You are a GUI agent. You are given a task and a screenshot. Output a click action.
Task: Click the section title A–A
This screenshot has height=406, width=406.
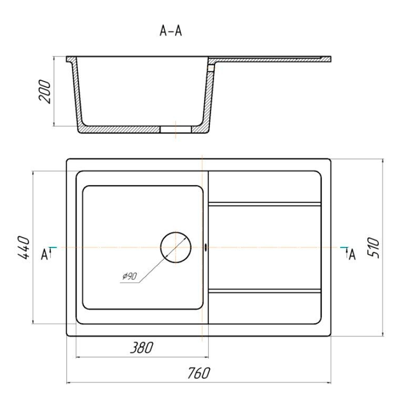tap(171, 31)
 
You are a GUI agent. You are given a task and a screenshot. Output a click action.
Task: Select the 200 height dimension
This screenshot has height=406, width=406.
tap(45, 92)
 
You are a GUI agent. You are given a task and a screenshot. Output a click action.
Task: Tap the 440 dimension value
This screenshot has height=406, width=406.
tap(23, 248)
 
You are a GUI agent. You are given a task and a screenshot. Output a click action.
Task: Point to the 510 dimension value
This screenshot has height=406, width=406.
tap(374, 248)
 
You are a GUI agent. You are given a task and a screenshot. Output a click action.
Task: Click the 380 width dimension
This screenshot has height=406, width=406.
tap(141, 348)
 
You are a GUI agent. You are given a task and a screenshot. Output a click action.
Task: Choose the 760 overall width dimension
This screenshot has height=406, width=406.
tap(198, 374)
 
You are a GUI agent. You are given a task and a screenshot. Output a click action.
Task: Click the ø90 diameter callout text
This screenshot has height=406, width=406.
tap(129, 276)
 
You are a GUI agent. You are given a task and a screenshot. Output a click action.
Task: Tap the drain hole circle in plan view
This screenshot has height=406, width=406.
tap(176, 232)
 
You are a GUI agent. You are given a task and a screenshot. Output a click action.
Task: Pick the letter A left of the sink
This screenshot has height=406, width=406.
tap(44, 255)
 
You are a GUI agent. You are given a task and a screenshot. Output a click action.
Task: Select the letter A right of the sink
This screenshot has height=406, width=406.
tap(352, 255)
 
